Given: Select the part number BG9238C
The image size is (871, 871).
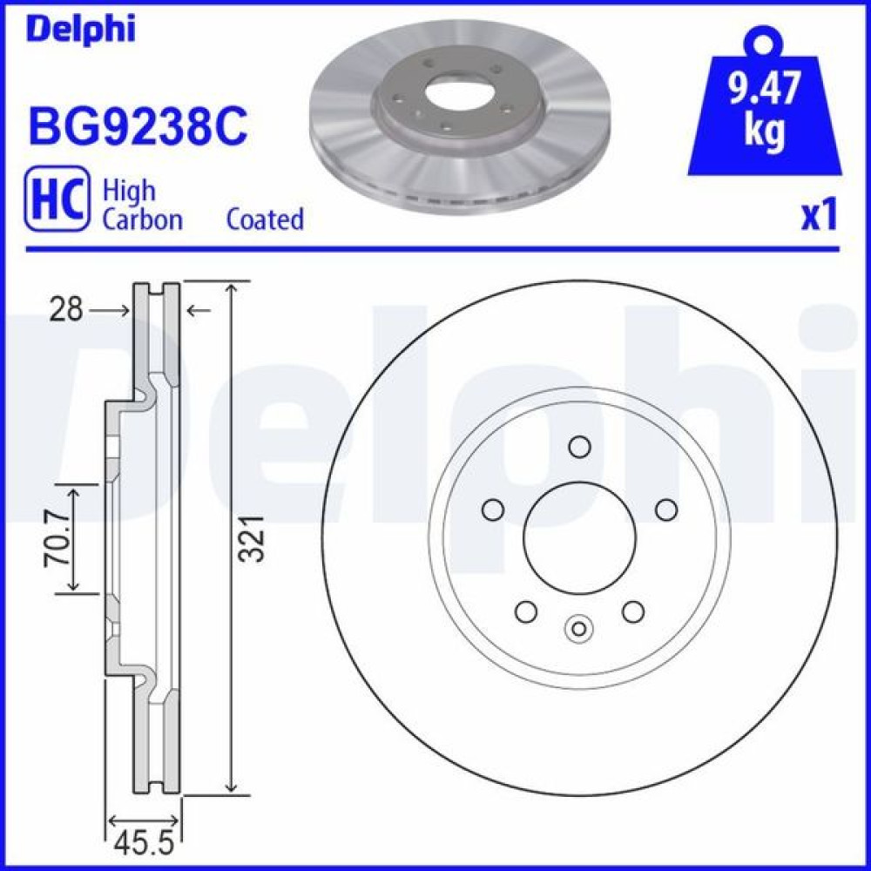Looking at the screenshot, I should [138, 127].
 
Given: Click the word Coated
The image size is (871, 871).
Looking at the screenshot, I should [265, 219].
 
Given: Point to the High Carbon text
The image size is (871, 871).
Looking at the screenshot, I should [142, 205].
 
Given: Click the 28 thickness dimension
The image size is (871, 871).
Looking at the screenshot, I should [66, 309].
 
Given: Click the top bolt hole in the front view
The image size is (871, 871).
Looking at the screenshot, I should [579, 447].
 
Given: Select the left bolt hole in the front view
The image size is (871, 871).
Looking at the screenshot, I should [493, 510].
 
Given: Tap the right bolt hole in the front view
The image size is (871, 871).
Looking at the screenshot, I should [666, 510].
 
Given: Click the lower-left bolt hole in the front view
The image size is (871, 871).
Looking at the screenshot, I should [526, 611].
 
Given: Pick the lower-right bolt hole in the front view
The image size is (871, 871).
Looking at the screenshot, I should [633, 611].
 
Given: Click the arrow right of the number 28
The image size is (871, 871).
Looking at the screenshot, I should [199, 309].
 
